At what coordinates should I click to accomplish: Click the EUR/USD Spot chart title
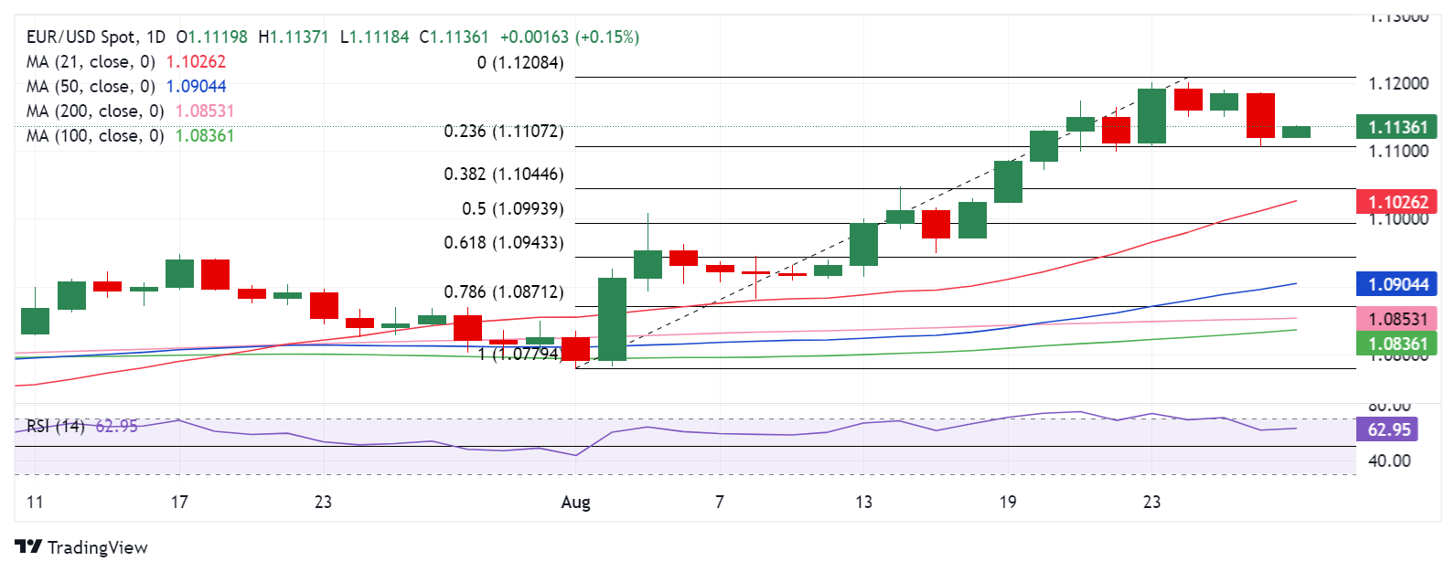[x=96, y=37]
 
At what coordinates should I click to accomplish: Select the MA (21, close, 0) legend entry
[x=91, y=62]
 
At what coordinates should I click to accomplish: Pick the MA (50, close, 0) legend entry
[x=91, y=87]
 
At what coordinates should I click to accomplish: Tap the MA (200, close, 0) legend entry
[x=96, y=111]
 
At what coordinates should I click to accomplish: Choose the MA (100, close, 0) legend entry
[x=96, y=136]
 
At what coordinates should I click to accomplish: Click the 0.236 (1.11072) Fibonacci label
[x=503, y=132]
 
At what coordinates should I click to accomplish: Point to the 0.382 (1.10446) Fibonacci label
[x=503, y=175]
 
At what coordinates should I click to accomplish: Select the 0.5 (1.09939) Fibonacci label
[x=512, y=209]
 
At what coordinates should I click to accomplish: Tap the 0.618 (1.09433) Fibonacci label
[x=503, y=243]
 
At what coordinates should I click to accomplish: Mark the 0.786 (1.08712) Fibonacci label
[x=503, y=292]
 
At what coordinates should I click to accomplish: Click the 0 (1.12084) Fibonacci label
[x=519, y=63]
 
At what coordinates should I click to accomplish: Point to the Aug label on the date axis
[x=575, y=502]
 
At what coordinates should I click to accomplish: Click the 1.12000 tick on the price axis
[x=1397, y=84]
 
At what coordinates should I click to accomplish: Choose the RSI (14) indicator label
[x=55, y=427]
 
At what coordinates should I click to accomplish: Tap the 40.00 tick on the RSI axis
[x=1388, y=461]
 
